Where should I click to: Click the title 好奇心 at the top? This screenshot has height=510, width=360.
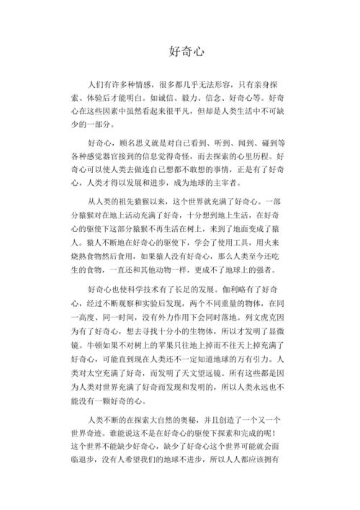tap(179, 52)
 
